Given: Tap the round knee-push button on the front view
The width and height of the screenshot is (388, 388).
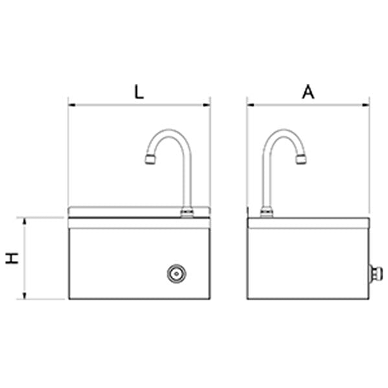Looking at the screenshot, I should [x=176, y=274].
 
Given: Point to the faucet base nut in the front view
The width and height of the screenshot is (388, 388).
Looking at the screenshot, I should [x=187, y=212].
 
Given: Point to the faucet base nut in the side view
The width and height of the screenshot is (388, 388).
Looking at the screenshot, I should [x=266, y=212].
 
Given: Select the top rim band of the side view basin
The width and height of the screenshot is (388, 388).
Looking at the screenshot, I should [x=308, y=223].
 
